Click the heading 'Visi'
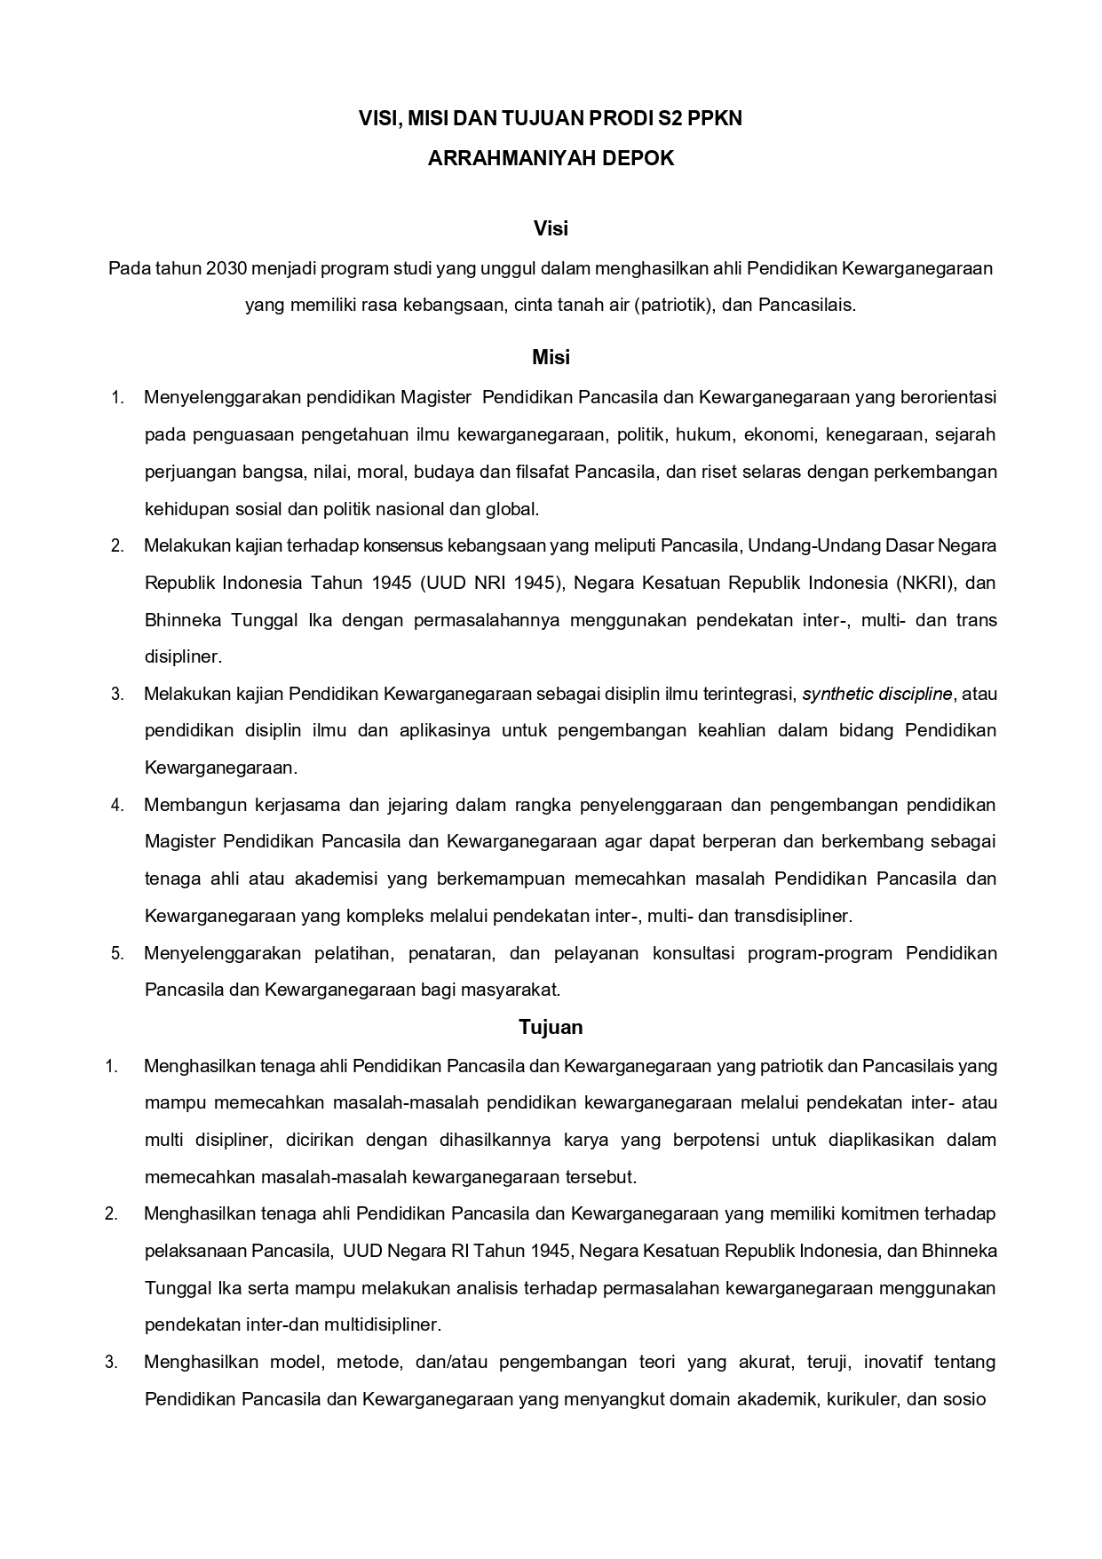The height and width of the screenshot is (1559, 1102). (551, 228)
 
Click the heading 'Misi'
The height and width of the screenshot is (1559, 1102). (551, 357)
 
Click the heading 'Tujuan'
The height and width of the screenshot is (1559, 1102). (551, 1027)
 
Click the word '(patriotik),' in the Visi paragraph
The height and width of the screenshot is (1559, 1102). (675, 305)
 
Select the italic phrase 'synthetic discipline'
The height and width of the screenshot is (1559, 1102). (876, 694)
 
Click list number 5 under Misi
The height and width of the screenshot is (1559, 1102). (117, 953)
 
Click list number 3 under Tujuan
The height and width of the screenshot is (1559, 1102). (112, 1362)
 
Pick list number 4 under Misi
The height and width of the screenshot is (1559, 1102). (117, 805)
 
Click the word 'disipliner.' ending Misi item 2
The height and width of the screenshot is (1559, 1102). (183, 657)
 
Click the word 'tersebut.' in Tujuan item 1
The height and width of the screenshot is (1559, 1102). (600, 1177)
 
